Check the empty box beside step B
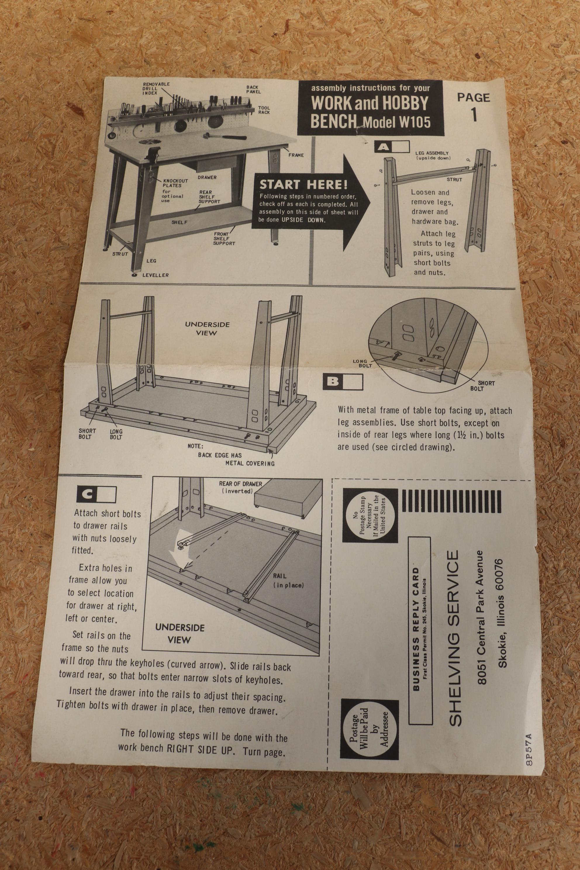[353, 382]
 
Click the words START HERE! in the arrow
[303, 184]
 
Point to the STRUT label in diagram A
[454, 179]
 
